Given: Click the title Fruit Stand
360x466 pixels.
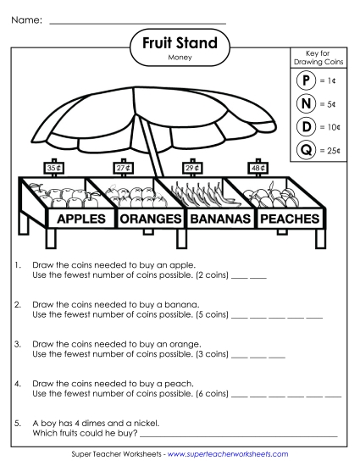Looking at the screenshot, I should pyautogui.click(x=180, y=43).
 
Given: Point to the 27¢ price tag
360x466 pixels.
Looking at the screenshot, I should pyautogui.click(x=124, y=169).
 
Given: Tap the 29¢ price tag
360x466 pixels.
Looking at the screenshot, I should pyautogui.click(x=191, y=169).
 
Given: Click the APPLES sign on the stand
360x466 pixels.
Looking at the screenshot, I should pyautogui.click(x=85, y=219).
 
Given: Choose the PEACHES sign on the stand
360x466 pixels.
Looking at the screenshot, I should pyautogui.click(x=290, y=219).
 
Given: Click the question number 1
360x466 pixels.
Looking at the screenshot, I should pyautogui.click(x=18, y=265).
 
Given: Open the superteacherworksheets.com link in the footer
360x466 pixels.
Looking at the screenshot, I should pyautogui.click(x=228, y=454).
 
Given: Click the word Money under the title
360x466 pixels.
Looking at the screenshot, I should pyautogui.click(x=180, y=58).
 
